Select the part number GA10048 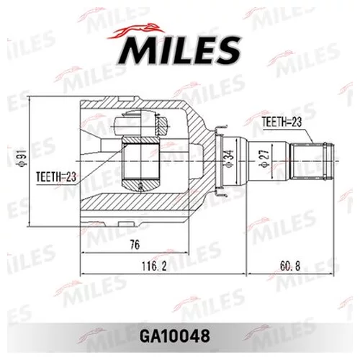pos(180,336)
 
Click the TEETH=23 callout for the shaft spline pos(281,122)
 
